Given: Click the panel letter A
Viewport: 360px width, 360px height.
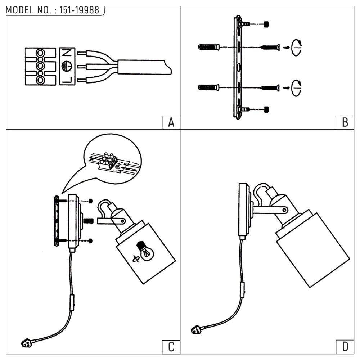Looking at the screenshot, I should click(171, 122).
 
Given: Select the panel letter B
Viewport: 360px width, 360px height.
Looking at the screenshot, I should click(345, 122).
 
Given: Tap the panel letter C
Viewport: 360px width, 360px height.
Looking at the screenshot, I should click(171, 347).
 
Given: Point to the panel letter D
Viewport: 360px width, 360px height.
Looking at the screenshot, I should click(345, 347).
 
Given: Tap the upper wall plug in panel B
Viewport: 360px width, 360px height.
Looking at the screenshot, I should click(208, 47).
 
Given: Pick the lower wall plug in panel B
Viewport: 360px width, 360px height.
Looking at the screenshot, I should click(208, 87).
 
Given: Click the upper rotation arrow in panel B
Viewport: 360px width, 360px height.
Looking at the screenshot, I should click(297, 47).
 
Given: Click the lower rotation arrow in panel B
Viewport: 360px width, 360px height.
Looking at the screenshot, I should click(297, 87).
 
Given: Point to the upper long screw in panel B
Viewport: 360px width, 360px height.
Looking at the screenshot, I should click(270, 47).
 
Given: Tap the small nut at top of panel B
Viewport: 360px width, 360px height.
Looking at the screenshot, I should click(266, 24).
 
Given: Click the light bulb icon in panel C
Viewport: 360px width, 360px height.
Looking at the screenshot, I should click(145, 251).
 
